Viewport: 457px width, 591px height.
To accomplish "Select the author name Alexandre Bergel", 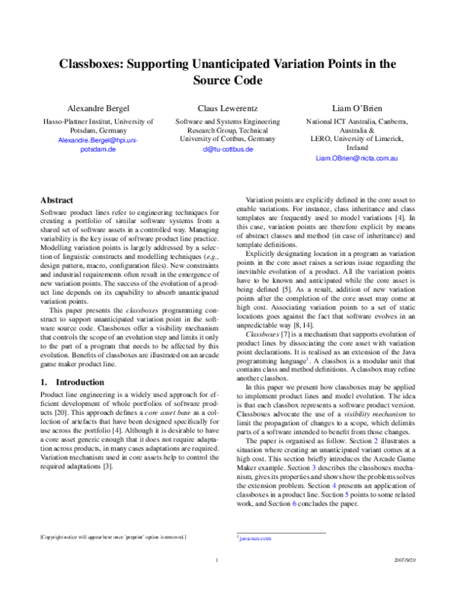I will pos(97,108).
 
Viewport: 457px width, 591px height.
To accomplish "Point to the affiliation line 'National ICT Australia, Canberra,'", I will pos(356,121).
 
